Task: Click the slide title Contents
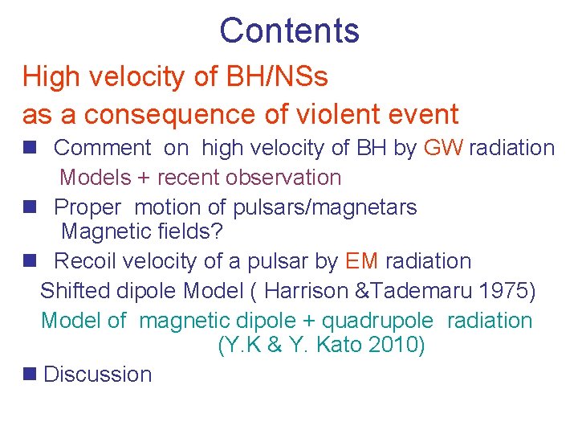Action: point(289,31)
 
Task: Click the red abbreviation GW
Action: point(442,148)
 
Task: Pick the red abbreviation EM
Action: point(361,261)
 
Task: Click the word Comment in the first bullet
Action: point(102,148)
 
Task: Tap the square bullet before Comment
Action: point(30,148)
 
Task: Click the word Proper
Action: point(88,207)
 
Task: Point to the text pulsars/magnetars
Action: point(324,207)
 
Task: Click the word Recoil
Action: point(90,261)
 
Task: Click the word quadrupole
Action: point(377,321)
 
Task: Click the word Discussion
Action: point(97,375)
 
